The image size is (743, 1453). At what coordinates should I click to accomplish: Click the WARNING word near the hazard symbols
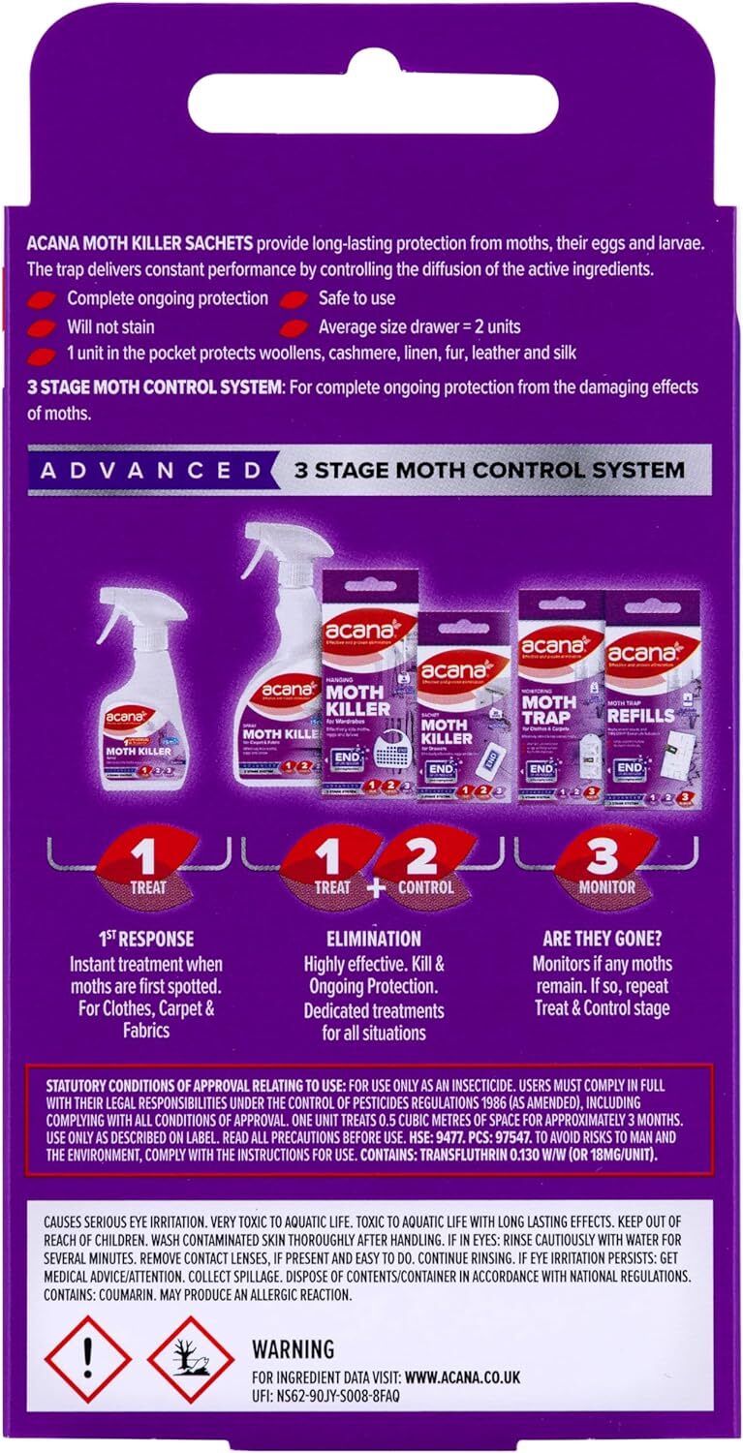(x=293, y=1349)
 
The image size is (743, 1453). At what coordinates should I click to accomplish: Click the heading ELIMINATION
(x=374, y=939)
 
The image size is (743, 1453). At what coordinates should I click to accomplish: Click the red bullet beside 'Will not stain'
(x=43, y=327)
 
